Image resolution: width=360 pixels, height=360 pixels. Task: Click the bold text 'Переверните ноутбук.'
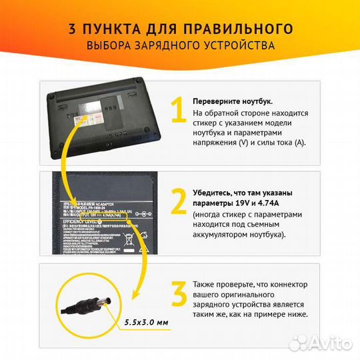[232, 101]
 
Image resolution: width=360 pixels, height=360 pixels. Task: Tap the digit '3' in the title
[71, 29]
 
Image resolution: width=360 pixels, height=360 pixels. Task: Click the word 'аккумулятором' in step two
[223, 235]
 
